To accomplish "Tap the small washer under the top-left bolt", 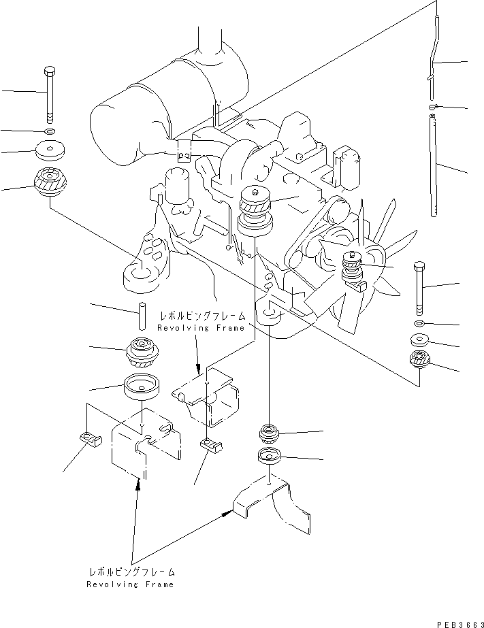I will (x=49, y=130).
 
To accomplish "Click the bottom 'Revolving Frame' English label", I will (x=131, y=584).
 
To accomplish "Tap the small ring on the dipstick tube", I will (x=434, y=107).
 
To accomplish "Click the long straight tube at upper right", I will (x=434, y=167).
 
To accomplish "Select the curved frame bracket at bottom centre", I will (x=272, y=507).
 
